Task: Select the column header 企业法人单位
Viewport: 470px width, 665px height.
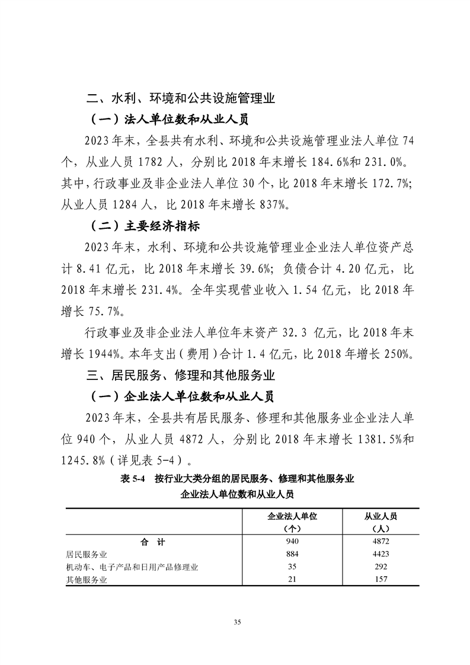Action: click(293, 516)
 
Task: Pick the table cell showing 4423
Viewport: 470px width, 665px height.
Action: click(381, 554)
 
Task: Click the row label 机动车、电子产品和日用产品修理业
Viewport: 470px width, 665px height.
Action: click(132, 567)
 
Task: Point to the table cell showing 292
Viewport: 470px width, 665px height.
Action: click(381, 567)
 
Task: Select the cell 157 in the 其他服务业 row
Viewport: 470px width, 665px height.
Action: click(381, 579)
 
